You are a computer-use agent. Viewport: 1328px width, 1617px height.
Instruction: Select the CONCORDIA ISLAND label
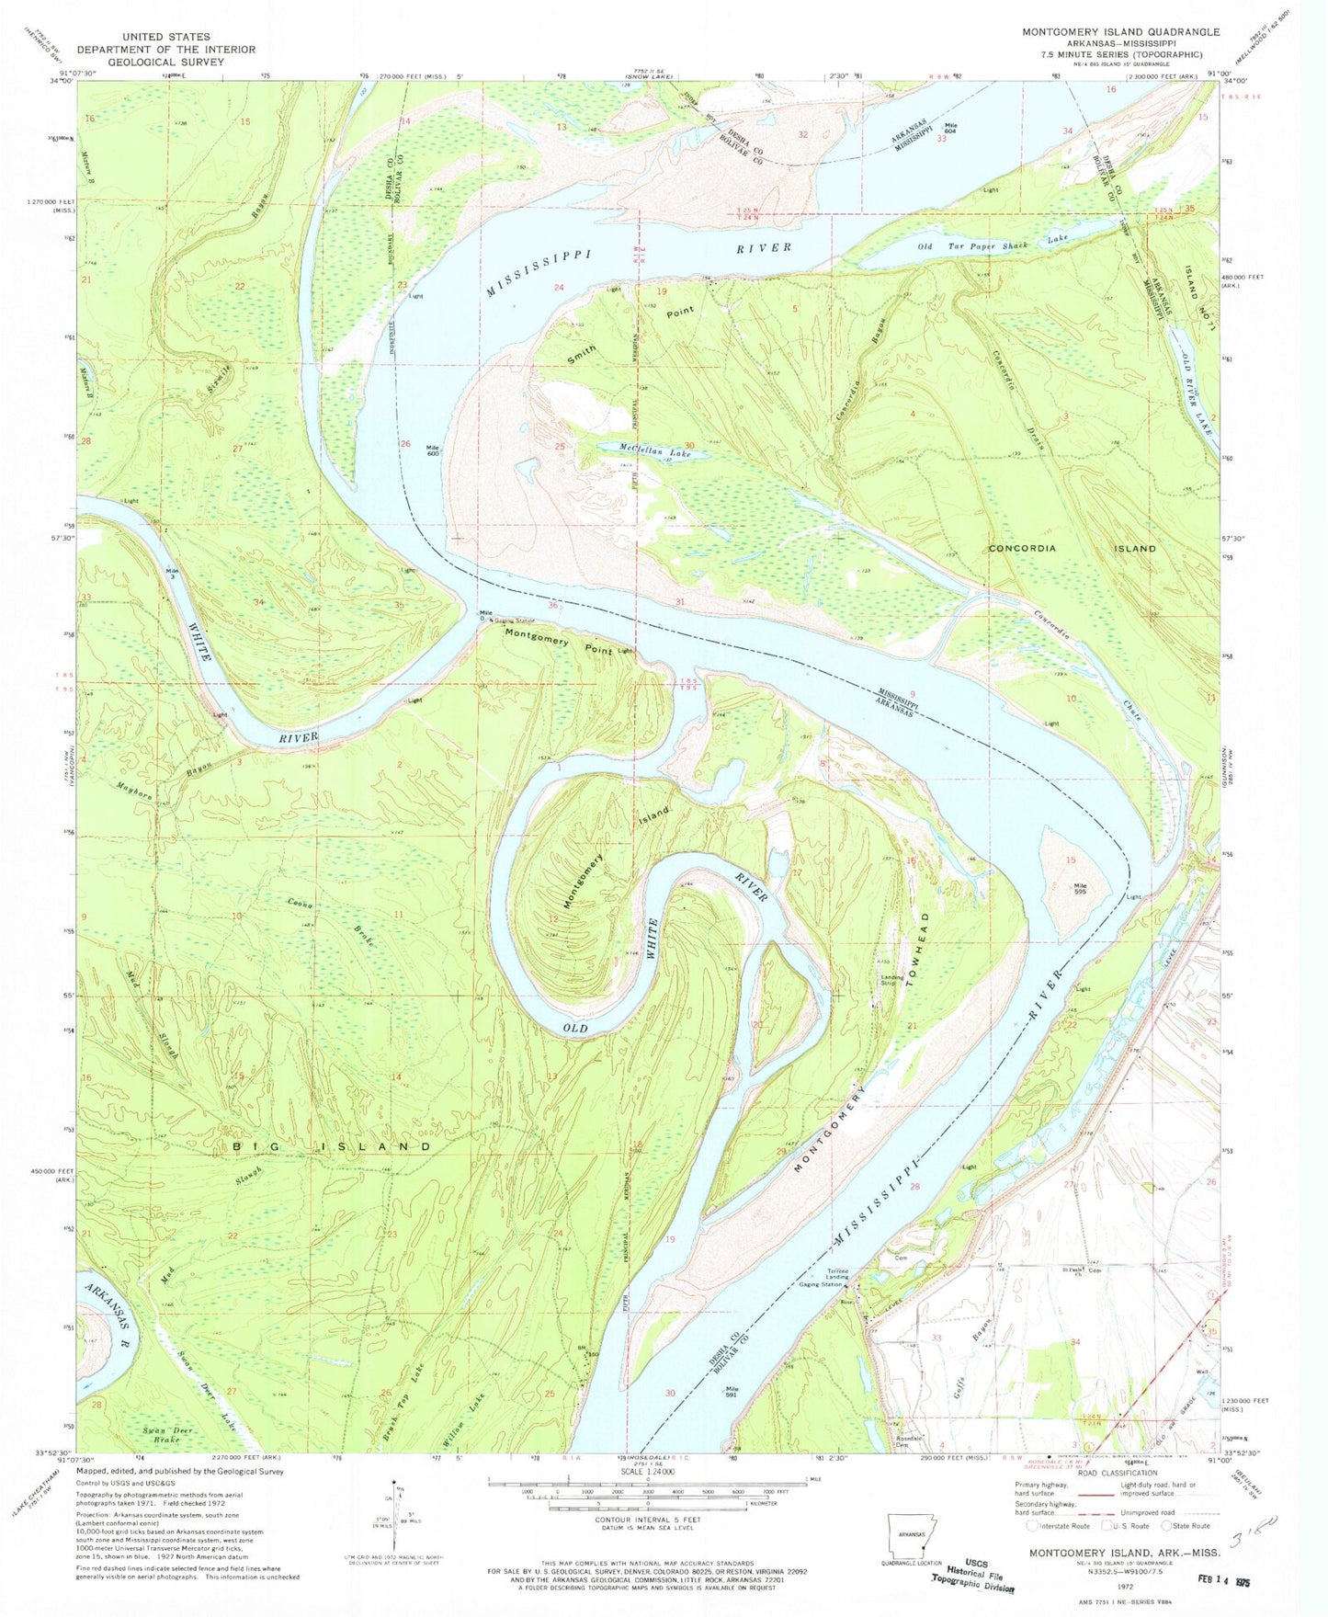point(1072,548)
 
